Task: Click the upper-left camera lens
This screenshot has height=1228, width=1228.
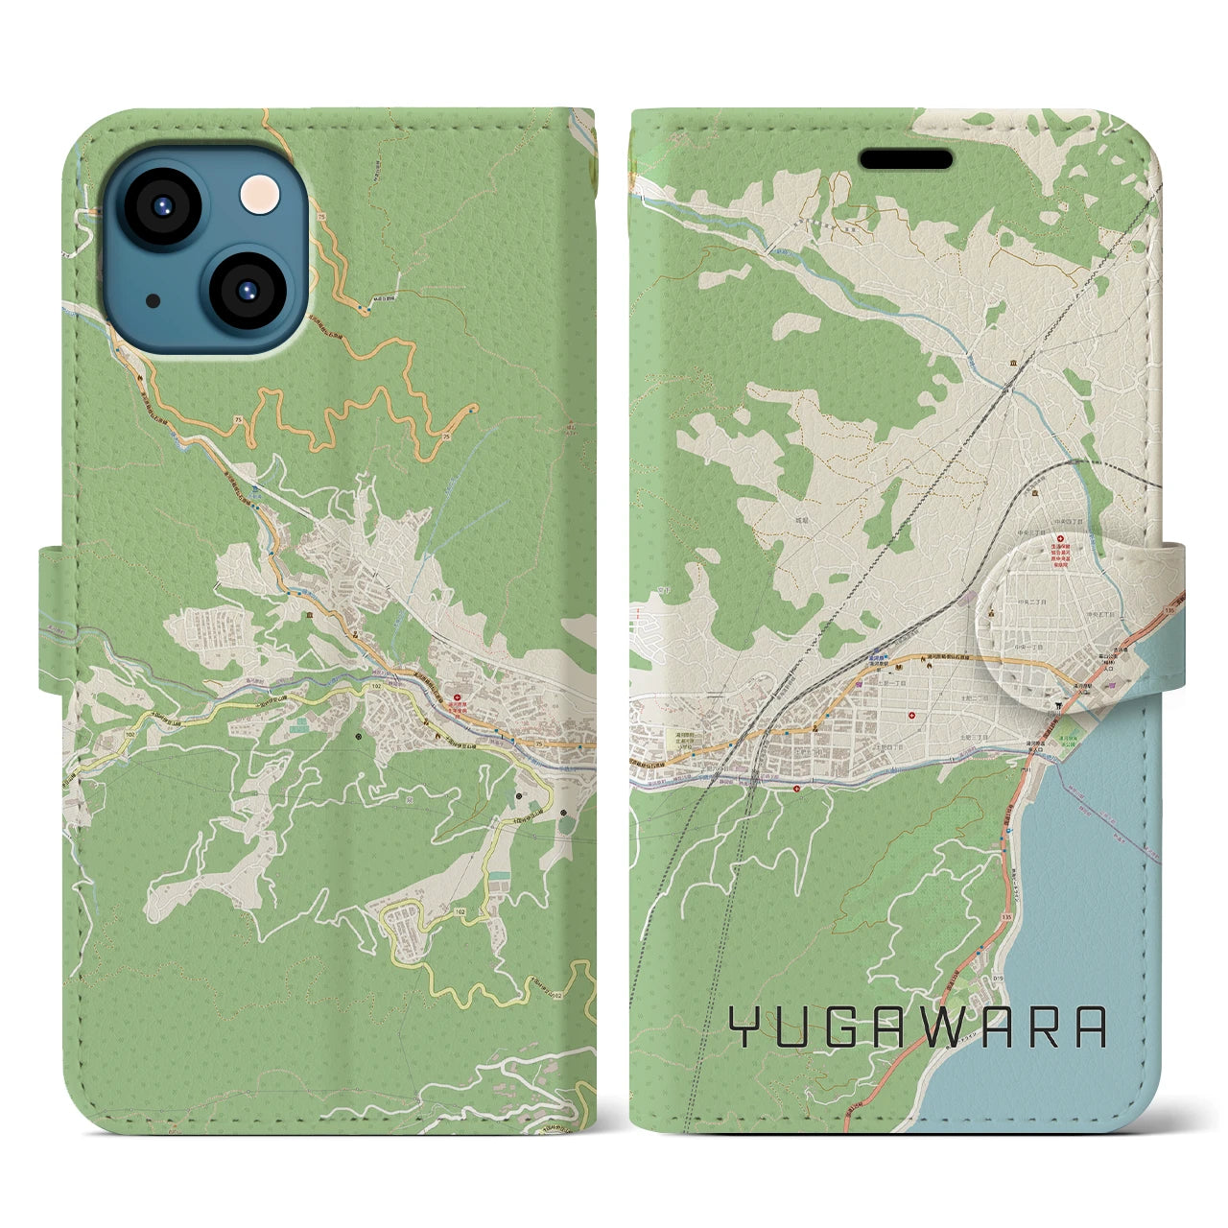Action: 161,204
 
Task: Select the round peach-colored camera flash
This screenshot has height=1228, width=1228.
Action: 256,198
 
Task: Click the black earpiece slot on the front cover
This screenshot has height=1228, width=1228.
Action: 905,158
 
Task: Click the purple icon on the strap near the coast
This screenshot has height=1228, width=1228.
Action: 1110,686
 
